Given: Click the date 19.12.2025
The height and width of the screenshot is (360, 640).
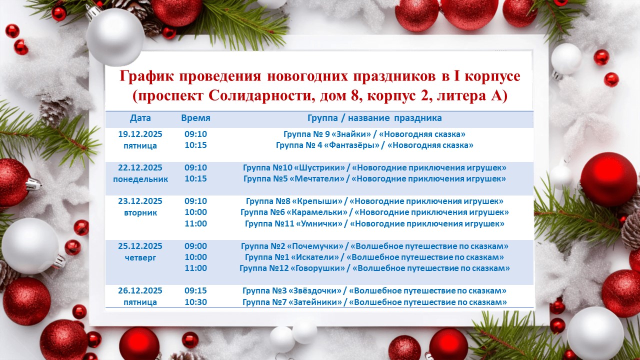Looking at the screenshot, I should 140,134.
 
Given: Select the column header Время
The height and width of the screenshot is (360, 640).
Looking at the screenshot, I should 195,118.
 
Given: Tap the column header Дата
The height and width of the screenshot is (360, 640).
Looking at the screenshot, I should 140,118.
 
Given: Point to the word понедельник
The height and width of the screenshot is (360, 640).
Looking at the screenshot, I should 140,178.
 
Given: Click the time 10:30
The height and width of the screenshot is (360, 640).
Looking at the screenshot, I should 195,302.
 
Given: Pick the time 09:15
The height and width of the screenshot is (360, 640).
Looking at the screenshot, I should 195,290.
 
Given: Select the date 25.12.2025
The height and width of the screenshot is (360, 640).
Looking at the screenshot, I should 140,246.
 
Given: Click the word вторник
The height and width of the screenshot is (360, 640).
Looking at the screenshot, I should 140,212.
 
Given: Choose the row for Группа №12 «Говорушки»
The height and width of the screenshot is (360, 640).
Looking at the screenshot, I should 374,268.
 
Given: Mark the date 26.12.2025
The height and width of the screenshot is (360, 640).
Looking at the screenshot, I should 140,290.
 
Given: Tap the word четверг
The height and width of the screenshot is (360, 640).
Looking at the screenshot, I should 140,257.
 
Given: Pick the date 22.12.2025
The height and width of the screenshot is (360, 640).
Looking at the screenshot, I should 140,167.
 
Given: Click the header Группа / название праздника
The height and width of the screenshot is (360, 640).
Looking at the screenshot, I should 374,118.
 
